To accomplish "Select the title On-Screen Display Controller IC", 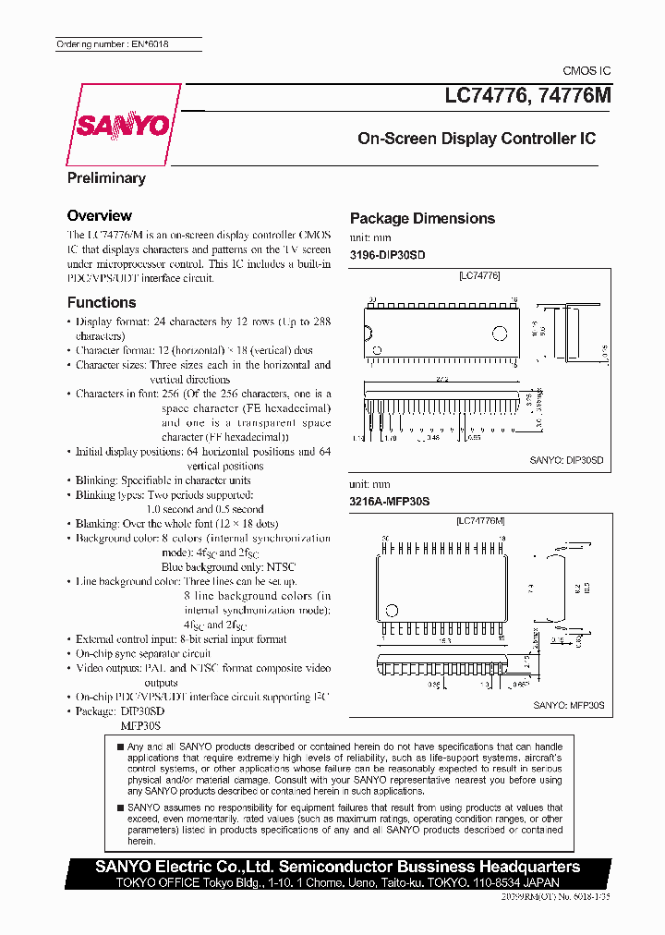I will point(477,139).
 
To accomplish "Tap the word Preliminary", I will point(106,178).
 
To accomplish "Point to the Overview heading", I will point(100,215).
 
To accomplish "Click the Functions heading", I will point(102,302).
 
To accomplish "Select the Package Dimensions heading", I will point(422,218).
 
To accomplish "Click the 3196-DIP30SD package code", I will point(388,254).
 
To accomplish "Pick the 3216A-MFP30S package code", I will point(390,501).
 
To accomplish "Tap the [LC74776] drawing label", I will point(478,276).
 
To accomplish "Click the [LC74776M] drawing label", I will point(479,522).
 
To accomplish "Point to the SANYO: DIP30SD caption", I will point(566,458).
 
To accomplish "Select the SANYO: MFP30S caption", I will point(568,705).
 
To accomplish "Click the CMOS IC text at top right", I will point(586,71).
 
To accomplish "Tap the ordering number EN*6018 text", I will point(114,44).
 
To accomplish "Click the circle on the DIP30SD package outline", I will point(499,332).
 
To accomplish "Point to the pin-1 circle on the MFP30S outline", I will point(392,610).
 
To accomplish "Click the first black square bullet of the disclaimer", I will point(120,747).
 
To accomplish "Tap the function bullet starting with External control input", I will point(181,639).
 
